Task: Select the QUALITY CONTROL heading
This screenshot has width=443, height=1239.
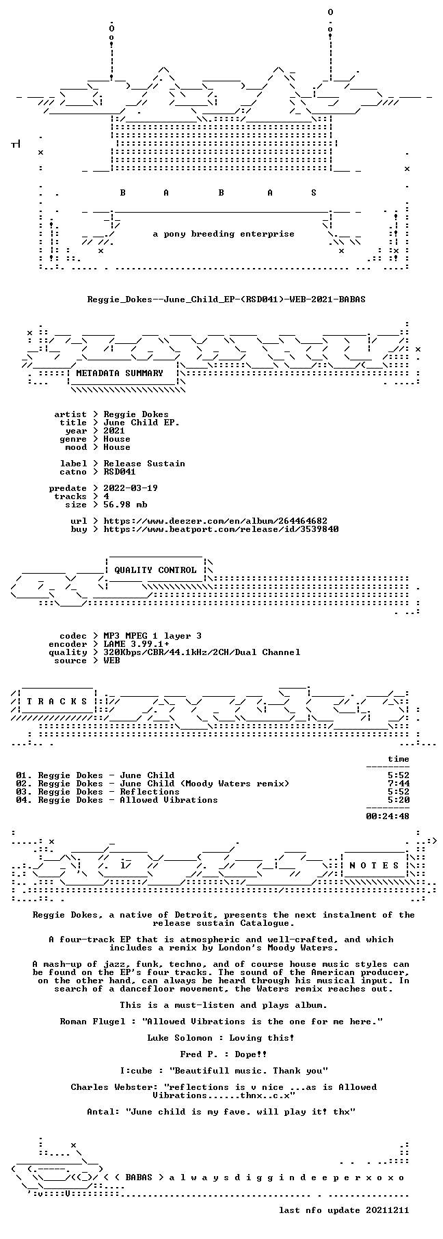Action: (x=155, y=570)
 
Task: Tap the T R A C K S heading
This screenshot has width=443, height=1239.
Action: (x=57, y=702)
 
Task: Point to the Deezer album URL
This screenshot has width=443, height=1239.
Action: (x=215, y=521)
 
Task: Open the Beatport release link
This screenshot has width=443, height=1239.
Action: (x=221, y=529)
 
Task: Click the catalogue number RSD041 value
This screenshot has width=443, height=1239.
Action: (x=120, y=472)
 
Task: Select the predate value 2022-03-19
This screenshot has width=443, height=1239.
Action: (x=131, y=488)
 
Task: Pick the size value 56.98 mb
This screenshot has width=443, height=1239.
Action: (x=125, y=505)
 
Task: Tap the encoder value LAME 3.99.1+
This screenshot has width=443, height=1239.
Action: (x=136, y=644)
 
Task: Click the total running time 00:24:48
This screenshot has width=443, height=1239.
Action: (x=388, y=816)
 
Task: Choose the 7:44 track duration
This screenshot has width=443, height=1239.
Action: (x=399, y=784)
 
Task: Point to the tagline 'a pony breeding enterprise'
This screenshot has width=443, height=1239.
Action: (x=224, y=234)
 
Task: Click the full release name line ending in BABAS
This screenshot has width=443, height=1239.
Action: (x=226, y=299)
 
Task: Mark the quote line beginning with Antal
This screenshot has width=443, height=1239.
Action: (x=221, y=1112)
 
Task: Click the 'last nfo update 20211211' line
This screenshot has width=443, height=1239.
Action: (x=344, y=1210)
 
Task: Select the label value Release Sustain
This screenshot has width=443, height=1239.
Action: (x=144, y=464)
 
